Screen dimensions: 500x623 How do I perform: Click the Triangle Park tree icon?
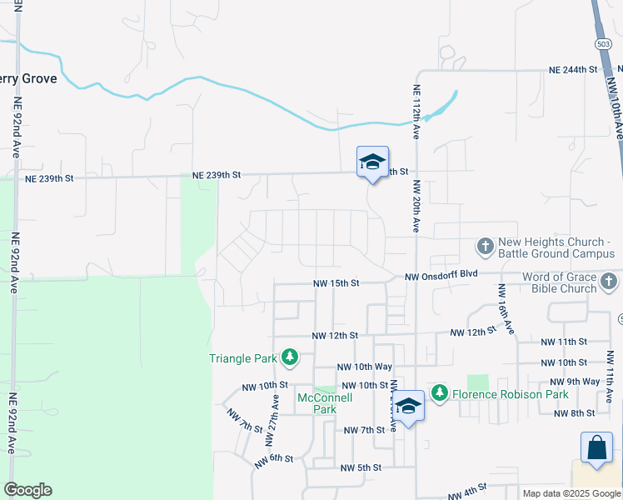[289, 357]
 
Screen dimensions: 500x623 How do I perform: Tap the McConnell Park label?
[325, 403]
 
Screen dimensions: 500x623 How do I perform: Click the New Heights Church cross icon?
[486, 247]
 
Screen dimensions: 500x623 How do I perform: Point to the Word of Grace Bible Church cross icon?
[610, 282]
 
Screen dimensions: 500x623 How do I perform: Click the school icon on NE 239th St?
[371, 163]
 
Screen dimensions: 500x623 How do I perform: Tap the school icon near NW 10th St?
[408, 407]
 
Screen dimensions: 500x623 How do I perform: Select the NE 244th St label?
[574, 71]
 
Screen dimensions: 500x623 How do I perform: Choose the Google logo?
[28, 490]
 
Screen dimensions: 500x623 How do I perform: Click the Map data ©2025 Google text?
[571, 493]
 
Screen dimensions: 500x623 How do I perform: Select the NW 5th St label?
[360, 468]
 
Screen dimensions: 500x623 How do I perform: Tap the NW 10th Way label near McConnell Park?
[364, 367]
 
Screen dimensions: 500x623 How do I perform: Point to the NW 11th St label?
[564, 342]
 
